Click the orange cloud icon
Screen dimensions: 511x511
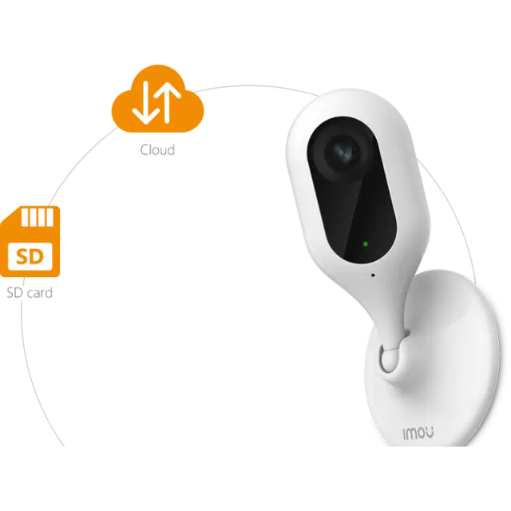tap(158, 98)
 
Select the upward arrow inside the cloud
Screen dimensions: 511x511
tap(167, 102)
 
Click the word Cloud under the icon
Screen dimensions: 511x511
tap(157, 150)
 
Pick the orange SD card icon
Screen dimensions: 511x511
tap(30, 241)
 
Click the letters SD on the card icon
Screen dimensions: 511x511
tap(30, 256)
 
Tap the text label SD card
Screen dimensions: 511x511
tap(30, 293)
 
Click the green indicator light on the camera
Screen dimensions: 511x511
tap(366, 244)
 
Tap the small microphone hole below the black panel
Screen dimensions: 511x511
tap(373, 275)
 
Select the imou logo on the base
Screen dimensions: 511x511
tap(418, 434)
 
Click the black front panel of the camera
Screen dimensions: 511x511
tap(351, 190)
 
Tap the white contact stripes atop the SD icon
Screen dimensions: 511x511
tap(38, 217)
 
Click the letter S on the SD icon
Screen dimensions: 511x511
tap(23, 257)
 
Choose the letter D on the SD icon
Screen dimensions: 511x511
tap(38, 257)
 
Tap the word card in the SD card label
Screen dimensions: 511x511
tap(39, 293)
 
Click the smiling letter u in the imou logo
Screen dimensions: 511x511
tap(430, 433)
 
